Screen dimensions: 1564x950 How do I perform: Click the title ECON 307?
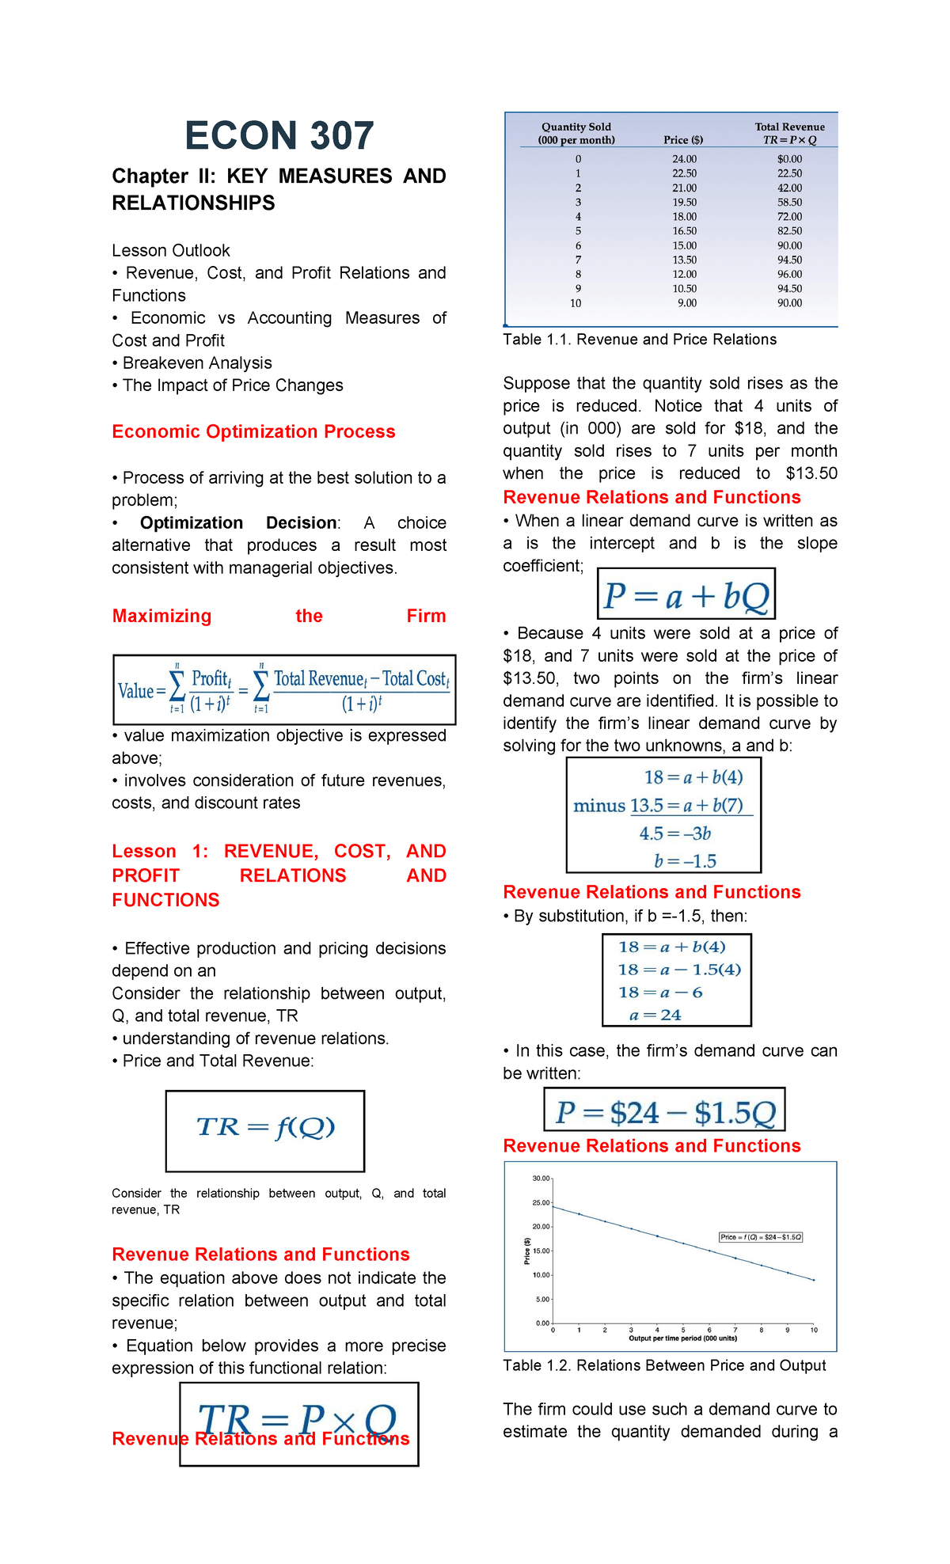click(x=279, y=136)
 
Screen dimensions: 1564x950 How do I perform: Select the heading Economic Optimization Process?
click(x=253, y=431)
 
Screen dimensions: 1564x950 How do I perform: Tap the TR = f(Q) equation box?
click(x=265, y=1129)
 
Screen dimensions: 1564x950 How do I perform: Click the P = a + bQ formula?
click(x=686, y=594)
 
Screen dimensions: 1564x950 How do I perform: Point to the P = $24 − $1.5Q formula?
click(x=664, y=1111)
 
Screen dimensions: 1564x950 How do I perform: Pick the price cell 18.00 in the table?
click(x=684, y=217)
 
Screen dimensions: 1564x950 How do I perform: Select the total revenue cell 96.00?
click(x=789, y=275)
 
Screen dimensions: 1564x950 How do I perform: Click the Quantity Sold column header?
click(x=576, y=133)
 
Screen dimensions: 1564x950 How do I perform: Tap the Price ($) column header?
click(x=683, y=140)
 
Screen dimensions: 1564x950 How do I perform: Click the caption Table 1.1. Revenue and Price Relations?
click(x=640, y=340)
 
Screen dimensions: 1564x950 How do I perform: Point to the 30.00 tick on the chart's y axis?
click(x=541, y=1179)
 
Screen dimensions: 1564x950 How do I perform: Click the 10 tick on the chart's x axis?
click(x=814, y=1331)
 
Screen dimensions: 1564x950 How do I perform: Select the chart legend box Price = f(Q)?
click(x=760, y=1237)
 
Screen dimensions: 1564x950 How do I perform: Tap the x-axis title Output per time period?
click(x=682, y=1338)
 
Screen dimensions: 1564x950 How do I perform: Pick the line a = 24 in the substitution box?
click(x=655, y=1015)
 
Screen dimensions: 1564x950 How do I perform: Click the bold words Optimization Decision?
click(x=238, y=523)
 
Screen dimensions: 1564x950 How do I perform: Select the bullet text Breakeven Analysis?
click(x=197, y=363)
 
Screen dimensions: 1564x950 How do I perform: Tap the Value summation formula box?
click(x=284, y=689)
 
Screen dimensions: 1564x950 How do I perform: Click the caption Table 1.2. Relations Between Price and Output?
click(x=664, y=1365)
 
